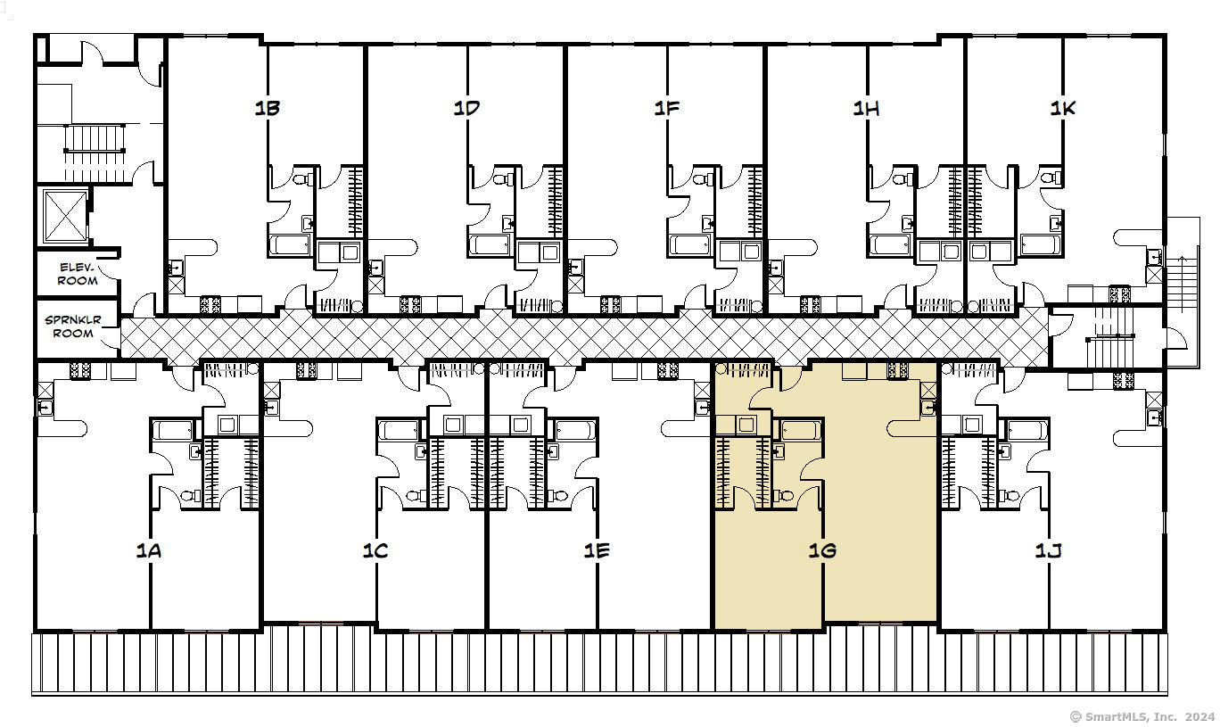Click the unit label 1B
tap(268, 108)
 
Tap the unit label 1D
tap(466, 108)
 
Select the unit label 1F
tap(667, 108)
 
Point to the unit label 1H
tap(866, 108)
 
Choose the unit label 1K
tap(1063, 108)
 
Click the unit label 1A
tap(149, 550)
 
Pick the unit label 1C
tap(375, 550)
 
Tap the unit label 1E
tap(597, 550)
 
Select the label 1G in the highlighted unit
tap(822, 550)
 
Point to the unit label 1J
tap(1049, 551)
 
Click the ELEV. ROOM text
tap(78, 274)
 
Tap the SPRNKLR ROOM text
tap(73, 326)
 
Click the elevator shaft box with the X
tap(65, 216)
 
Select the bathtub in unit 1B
tap(291, 244)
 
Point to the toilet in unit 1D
tap(502, 178)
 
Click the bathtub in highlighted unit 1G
tap(801, 430)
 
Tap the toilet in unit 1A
tap(191, 496)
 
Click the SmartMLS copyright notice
tap(1142, 716)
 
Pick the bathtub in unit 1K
tap(1041, 244)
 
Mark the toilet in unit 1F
tap(703, 178)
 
